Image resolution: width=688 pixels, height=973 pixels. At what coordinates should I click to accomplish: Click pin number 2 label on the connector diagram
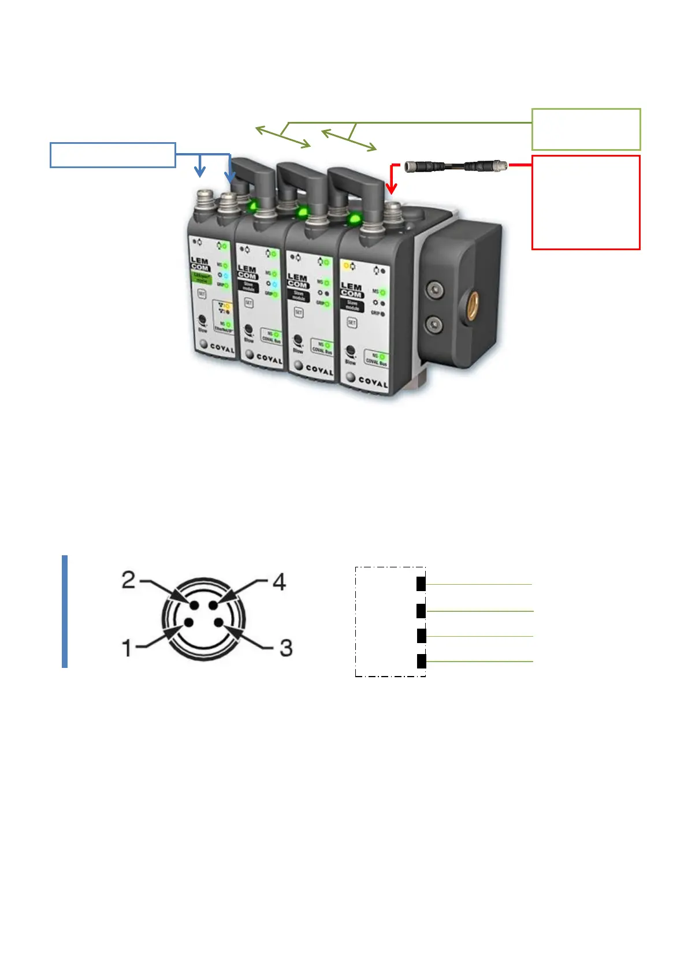pyautogui.click(x=128, y=580)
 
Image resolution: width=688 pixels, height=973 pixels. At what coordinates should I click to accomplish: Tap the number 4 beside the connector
pyautogui.click(x=279, y=582)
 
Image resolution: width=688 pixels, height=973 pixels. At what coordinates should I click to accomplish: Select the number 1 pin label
pyautogui.click(x=127, y=648)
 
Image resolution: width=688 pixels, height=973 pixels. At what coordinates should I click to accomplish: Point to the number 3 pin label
pyautogui.click(x=285, y=648)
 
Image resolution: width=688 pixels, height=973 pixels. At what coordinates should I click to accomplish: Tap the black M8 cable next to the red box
pyautogui.click(x=456, y=166)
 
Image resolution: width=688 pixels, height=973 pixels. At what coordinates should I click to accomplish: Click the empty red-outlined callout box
pyautogui.click(x=586, y=202)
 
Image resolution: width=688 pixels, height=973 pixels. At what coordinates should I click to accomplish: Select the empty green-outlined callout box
pyautogui.click(x=586, y=129)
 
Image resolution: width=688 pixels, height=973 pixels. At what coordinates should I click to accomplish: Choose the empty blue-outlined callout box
pyautogui.click(x=113, y=155)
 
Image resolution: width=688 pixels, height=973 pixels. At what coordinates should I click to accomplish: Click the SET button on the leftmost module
pyautogui.click(x=202, y=294)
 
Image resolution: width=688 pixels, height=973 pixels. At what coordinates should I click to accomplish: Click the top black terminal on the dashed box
pyautogui.click(x=421, y=584)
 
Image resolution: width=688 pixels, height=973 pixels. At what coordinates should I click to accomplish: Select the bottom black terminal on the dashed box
pyautogui.click(x=421, y=661)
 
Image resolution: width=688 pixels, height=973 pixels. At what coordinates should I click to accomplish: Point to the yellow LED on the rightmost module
pyautogui.click(x=347, y=266)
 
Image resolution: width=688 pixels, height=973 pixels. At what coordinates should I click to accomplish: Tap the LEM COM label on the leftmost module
pyautogui.click(x=200, y=264)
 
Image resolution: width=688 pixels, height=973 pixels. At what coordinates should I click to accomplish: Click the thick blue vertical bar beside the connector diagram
pyautogui.click(x=65, y=611)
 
